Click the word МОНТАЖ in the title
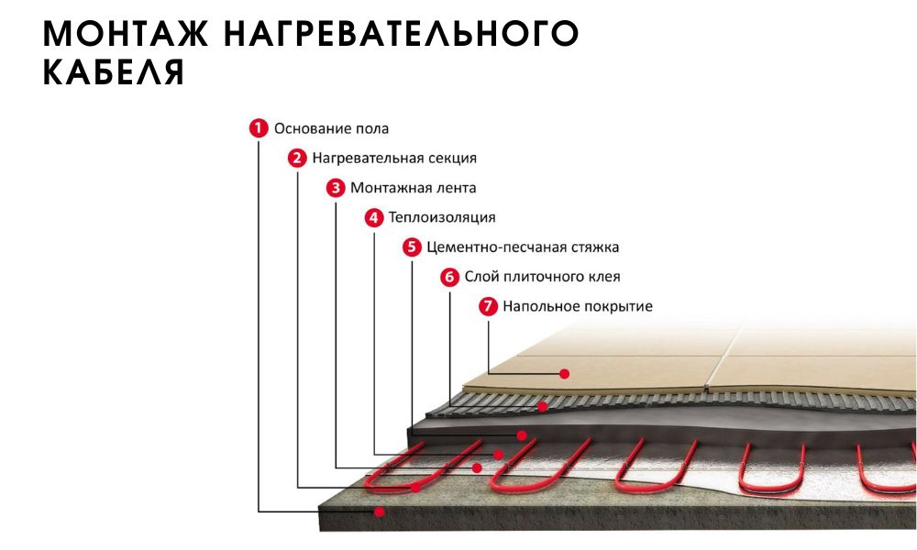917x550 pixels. coord(125,33)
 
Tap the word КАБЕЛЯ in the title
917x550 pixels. coord(114,71)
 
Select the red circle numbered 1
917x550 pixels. coord(259,128)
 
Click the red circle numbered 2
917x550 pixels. coord(297,158)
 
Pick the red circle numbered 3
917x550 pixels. coord(336,188)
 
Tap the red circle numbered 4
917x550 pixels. coord(374,217)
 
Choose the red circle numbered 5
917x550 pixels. coord(412,247)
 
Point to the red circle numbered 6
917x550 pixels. coord(449,277)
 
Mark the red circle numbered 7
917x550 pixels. coord(489,306)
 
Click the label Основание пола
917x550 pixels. coord(332,128)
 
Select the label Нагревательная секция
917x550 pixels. coord(394,159)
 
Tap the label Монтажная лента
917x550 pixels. coord(413,188)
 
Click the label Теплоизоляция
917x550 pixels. coord(442,217)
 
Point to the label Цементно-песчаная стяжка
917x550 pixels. coord(523,247)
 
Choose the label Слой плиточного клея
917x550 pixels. coord(542,277)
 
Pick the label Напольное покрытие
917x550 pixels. coord(578,306)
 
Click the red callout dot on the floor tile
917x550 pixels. coord(564,373)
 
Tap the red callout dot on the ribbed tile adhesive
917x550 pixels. coord(543,406)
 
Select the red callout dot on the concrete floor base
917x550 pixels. coord(380,512)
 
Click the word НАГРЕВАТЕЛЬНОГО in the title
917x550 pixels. coord(402,33)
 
